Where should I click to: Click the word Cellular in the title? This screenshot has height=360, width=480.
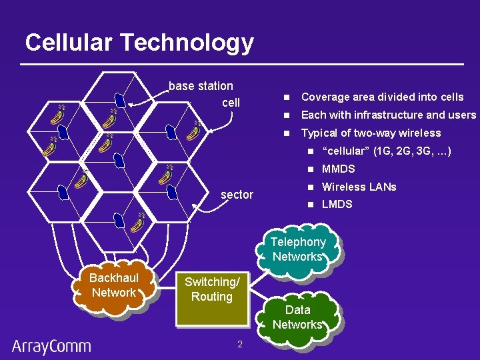click(x=69, y=43)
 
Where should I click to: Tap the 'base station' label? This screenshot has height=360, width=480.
click(x=201, y=86)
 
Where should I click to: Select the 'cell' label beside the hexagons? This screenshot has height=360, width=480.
click(x=231, y=103)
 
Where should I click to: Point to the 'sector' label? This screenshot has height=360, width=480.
click(x=237, y=195)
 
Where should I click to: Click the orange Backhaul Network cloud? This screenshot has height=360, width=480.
click(x=114, y=287)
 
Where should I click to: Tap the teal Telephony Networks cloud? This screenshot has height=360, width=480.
click(x=297, y=250)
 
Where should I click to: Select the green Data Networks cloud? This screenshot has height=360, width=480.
click(x=297, y=317)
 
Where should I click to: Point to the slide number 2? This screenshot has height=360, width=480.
click(x=239, y=344)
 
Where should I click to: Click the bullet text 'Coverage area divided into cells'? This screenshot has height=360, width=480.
click(x=382, y=97)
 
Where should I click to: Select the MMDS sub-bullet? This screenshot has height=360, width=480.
click(x=338, y=169)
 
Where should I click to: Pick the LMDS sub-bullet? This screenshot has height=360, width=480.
click(x=337, y=204)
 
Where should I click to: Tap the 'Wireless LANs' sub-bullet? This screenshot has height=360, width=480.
click(x=359, y=187)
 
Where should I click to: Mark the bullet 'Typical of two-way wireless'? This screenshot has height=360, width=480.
click(x=371, y=133)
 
